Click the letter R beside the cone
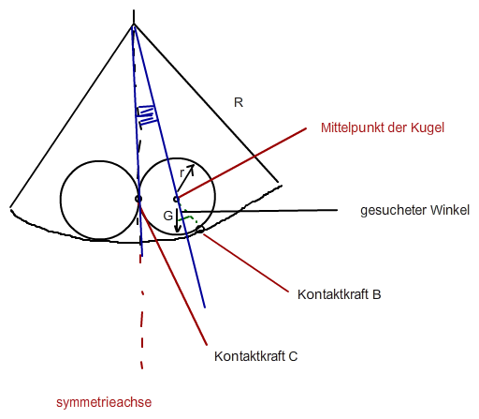239,102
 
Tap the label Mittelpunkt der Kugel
383,127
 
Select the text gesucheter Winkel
414,210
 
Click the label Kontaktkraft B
340,294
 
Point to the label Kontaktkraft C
255,356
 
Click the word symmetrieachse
104,402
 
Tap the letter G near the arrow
168,216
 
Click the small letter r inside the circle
182,172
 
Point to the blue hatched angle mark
146,114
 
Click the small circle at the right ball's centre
176,199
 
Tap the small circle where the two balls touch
138,199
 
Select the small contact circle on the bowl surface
200,230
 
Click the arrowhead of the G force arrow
178,229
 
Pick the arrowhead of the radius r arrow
191,168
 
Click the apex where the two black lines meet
134,23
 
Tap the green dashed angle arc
189,216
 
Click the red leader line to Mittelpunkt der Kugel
241,163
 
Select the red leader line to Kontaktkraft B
246,263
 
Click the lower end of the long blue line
205,307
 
